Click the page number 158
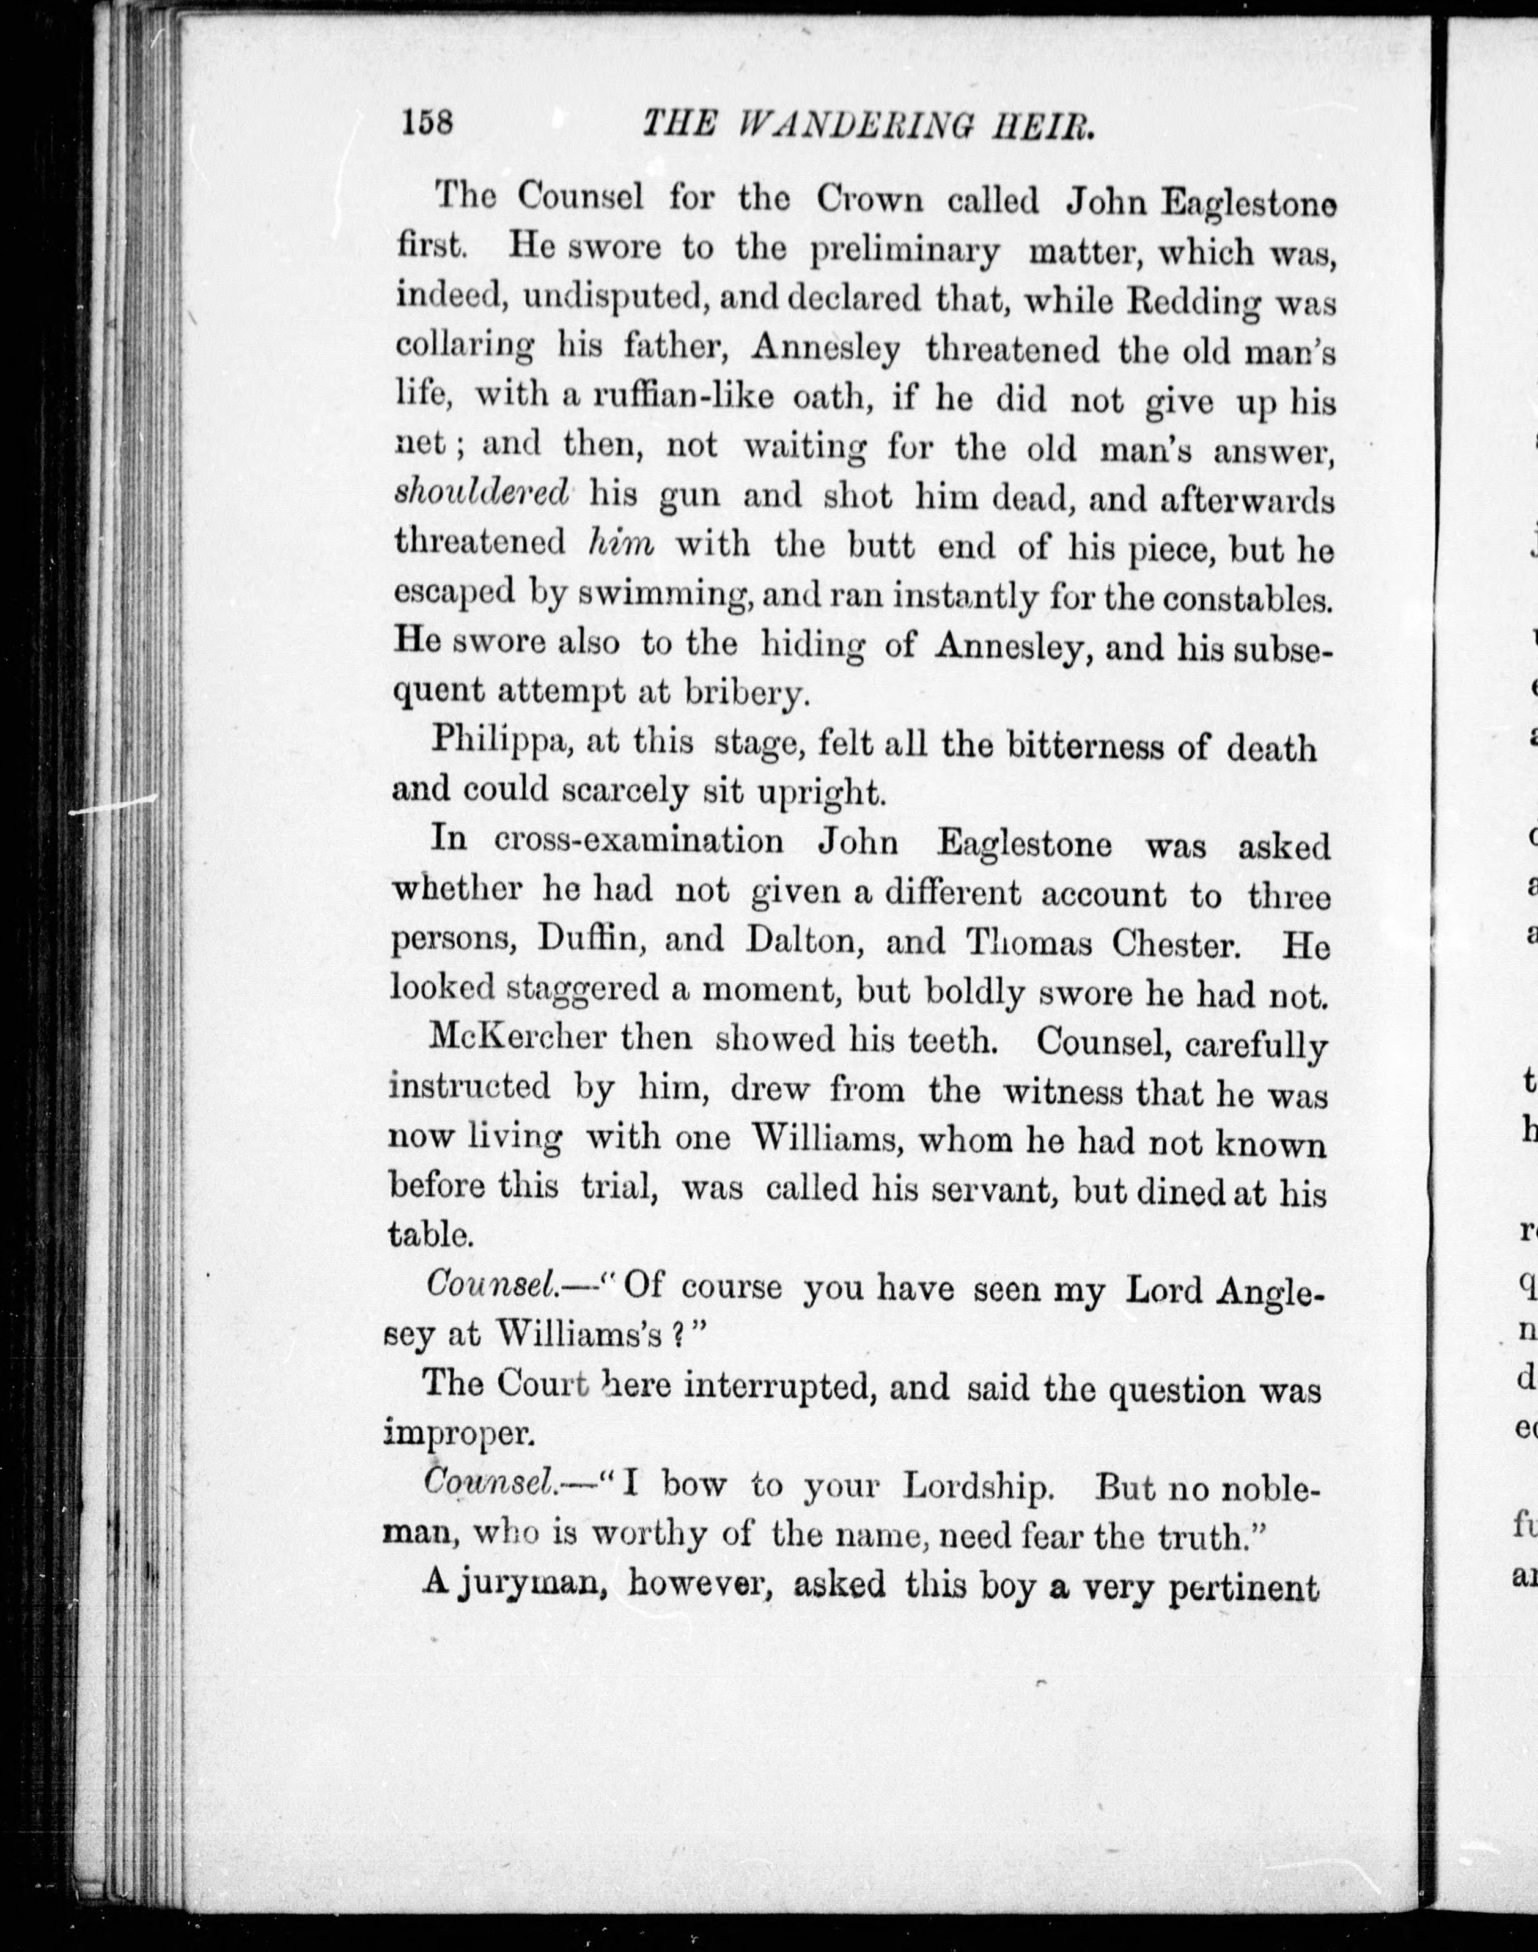428,122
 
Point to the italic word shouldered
483,494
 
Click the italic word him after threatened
620,543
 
